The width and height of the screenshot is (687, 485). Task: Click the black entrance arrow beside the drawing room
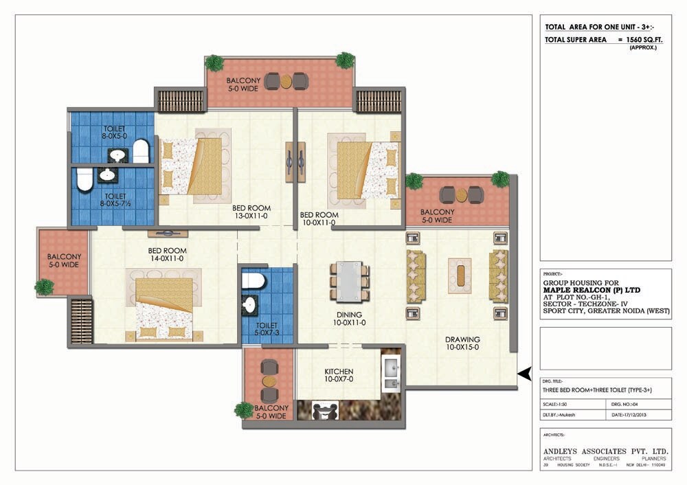pyautogui.click(x=525, y=374)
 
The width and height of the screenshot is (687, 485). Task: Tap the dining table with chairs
pyautogui.click(x=348, y=280)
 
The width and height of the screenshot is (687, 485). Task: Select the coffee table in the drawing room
pyautogui.click(x=460, y=273)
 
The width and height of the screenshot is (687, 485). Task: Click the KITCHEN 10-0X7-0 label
pyautogui.click(x=339, y=376)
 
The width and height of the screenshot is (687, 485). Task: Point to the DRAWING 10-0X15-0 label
pyautogui.click(x=462, y=343)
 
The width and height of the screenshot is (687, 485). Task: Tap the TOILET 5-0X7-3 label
pyautogui.click(x=267, y=329)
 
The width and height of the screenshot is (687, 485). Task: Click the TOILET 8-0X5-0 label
pyautogui.click(x=115, y=133)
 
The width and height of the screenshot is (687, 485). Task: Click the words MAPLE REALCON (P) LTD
pyautogui.click(x=592, y=290)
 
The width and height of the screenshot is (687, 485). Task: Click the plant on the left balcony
pyautogui.click(x=45, y=286)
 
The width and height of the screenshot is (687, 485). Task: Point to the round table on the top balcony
pyautogui.click(x=286, y=81)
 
